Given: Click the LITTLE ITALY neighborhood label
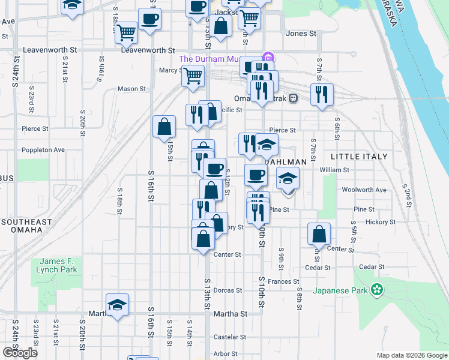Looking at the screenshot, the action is point(359,157).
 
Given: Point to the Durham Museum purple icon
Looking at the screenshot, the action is point(268,58).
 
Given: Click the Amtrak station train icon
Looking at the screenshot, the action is point(294,98).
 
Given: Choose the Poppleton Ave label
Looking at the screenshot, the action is point(43,150).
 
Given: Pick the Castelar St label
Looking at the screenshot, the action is point(226,337).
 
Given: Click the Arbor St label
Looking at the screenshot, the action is point(226,354).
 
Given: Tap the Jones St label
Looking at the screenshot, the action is point(301,34).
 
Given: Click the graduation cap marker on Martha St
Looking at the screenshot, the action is point(118,304).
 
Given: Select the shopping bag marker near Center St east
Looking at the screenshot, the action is point(319,233).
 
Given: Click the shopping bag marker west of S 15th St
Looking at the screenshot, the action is point(164,127).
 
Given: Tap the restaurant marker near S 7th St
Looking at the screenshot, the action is point(322,94).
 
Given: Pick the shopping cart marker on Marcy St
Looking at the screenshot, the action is point(193,76).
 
